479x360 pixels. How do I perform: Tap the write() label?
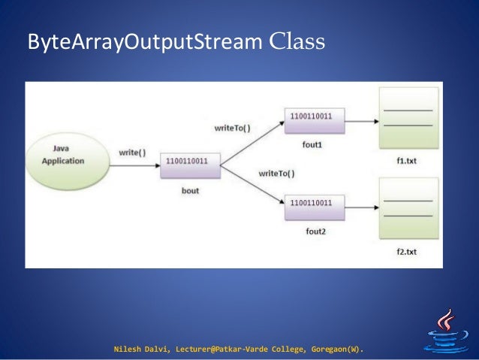[132, 153]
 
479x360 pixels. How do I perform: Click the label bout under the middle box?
[191, 191]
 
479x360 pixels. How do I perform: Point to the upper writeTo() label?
[232, 129]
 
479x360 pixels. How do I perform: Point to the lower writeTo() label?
[276, 174]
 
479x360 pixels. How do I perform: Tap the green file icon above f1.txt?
[408, 117]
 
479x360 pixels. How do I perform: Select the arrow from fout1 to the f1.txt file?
[361, 118]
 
